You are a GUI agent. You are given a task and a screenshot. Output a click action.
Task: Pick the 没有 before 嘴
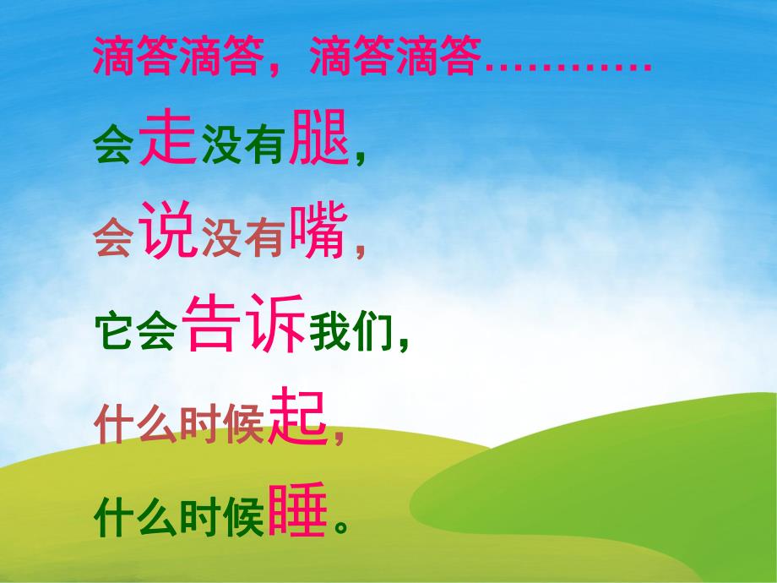[x=243, y=242]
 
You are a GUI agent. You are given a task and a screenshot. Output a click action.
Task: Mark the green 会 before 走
[x=112, y=149]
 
